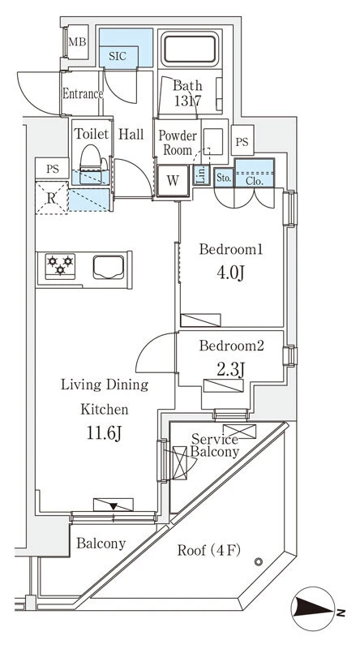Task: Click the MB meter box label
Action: (x=78, y=41)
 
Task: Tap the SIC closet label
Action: (x=118, y=56)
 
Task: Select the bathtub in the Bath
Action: (x=190, y=49)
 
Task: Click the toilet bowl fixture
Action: (x=90, y=161)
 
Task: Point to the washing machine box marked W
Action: (x=173, y=180)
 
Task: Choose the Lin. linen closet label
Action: (x=200, y=175)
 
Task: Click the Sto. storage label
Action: (x=224, y=178)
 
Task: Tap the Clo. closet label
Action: (x=254, y=180)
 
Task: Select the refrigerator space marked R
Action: (x=51, y=198)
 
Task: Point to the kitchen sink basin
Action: (x=109, y=268)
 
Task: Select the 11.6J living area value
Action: (x=104, y=433)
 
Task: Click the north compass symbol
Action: (x=313, y=608)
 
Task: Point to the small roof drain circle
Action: (x=259, y=561)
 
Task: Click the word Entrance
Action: (x=83, y=93)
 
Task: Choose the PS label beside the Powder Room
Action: (x=242, y=142)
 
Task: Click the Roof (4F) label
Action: (x=209, y=550)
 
